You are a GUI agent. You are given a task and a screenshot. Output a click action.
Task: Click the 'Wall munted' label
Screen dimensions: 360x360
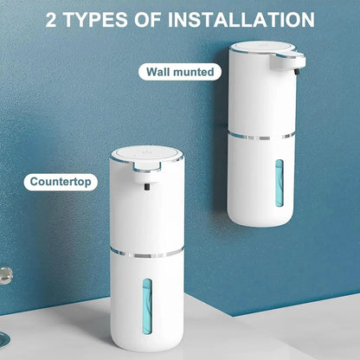[180, 72]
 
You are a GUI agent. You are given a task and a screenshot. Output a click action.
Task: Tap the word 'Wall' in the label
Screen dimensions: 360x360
[158, 72]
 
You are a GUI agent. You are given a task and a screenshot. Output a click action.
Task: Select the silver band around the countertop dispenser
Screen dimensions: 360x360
[146, 252]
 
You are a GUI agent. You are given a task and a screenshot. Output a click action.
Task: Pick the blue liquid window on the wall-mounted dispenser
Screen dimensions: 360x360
[279, 183]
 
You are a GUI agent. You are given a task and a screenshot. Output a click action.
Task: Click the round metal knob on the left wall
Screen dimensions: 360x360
[6, 275]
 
